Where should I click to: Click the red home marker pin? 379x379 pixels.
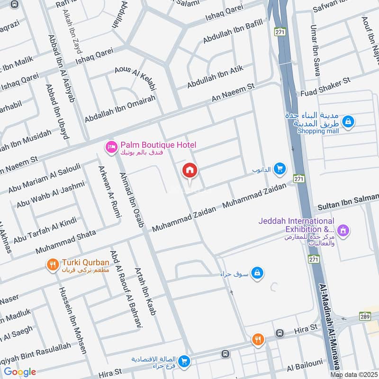click(190, 171)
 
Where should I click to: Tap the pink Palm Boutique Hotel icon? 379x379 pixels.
click(111, 148)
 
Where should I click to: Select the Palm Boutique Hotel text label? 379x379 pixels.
click(158, 145)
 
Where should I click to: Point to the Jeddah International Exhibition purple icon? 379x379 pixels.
click(344, 231)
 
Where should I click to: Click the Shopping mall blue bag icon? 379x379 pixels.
click(349, 122)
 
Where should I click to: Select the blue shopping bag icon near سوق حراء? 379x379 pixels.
click(257, 273)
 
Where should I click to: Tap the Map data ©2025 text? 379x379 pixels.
click(354, 374)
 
